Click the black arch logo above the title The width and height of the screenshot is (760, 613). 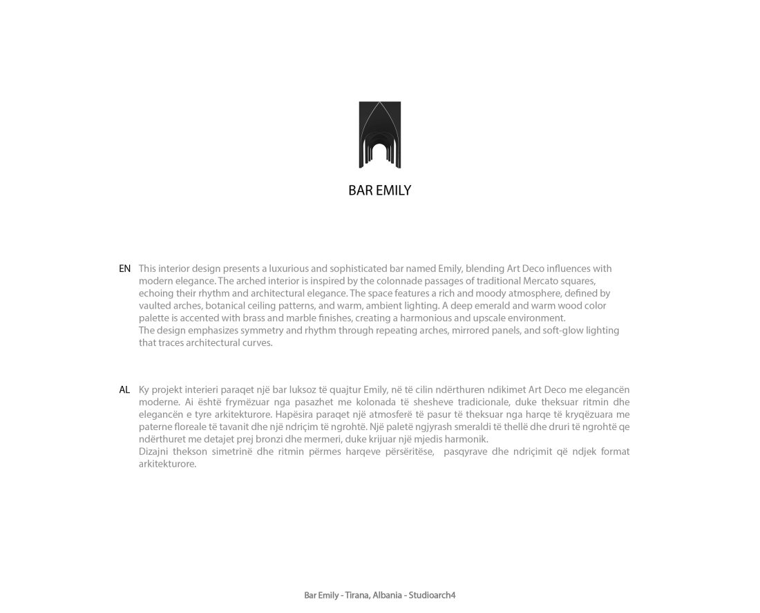[x=379, y=135]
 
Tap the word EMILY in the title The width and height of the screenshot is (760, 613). [x=393, y=191]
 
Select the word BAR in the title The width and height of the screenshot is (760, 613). [x=361, y=191]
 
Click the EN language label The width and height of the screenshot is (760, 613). [x=124, y=269]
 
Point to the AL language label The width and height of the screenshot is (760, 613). [x=124, y=390]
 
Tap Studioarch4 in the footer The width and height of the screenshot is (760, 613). [x=433, y=595]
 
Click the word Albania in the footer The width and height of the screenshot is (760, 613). [x=387, y=595]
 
